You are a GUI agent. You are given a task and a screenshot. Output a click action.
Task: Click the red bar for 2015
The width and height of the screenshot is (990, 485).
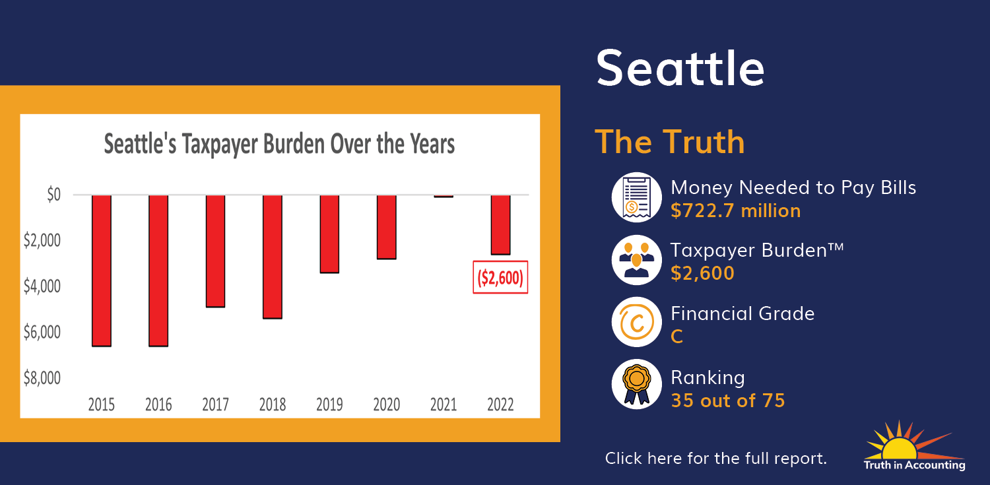click(102, 271)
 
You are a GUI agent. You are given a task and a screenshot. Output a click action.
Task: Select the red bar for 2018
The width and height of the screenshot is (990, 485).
click(272, 257)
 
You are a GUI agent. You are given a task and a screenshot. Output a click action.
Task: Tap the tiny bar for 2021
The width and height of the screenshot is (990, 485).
click(444, 196)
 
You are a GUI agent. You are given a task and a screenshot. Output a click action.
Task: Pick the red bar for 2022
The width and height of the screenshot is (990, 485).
click(500, 225)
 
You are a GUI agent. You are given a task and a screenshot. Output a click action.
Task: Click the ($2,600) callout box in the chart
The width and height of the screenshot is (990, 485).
click(500, 277)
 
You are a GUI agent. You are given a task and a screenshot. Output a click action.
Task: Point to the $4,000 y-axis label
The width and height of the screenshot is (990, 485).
click(42, 286)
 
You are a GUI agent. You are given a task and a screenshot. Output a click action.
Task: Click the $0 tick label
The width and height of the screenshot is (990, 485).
click(54, 195)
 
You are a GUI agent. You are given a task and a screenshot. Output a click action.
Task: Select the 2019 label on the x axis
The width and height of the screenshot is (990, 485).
click(329, 404)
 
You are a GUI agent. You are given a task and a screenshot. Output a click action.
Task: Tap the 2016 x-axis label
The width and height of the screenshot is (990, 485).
click(158, 404)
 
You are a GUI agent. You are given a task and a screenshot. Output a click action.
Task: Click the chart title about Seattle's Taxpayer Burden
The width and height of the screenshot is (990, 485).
click(279, 144)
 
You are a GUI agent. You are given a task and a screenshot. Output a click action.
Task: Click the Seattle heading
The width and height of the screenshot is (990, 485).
click(680, 69)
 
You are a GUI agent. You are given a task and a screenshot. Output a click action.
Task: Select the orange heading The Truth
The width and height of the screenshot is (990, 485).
click(670, 142)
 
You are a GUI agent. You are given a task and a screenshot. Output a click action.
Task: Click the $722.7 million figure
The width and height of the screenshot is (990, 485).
click(735, 210)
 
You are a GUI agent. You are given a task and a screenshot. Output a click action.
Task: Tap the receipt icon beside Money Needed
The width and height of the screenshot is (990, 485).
click(636, 197)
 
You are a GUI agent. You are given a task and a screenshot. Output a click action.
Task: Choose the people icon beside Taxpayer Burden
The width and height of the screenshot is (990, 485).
click(636, 260)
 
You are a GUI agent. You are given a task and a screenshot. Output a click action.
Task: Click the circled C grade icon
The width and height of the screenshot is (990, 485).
click(636, 322)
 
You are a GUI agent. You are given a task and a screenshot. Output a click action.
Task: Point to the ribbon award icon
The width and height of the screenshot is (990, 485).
click(636, 384)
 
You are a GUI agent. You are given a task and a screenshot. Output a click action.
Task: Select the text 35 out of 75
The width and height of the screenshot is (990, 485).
click(728, 401)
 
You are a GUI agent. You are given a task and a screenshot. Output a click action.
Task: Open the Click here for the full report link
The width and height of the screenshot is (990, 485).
click(715, 458)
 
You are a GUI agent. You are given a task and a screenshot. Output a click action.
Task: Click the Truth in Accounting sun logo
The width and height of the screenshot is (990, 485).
click(914, 445)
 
